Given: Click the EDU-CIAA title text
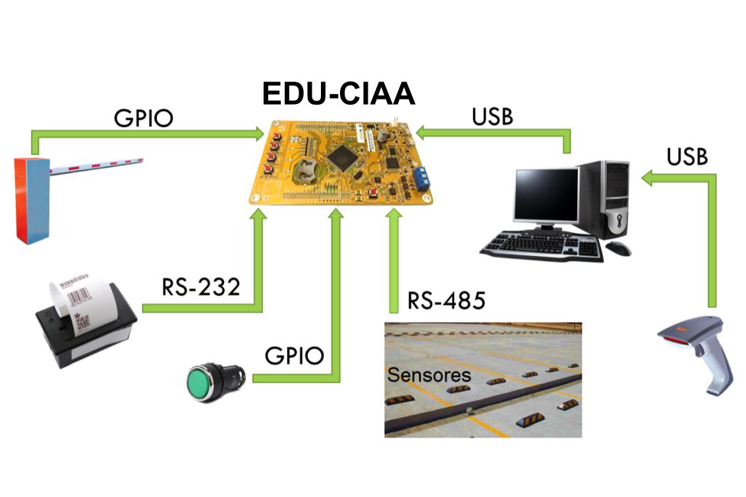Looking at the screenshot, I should (339, 94).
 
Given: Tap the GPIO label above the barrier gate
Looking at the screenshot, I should (143, 118).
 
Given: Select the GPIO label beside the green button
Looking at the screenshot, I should (294, 355).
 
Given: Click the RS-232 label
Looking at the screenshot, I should (200, 287).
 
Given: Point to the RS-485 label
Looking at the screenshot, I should (445, 301).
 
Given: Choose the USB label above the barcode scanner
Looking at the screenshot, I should (687, 157).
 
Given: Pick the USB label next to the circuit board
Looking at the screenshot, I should (492, 117).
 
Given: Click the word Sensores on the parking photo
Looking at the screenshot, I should (429, 375).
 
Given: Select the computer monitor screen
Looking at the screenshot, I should (546, 194).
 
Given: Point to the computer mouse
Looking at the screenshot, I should (618, 248).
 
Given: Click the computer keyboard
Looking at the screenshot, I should (542, 247).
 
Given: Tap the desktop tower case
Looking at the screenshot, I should (603, 197).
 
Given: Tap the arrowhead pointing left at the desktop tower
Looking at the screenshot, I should (648, 177).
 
